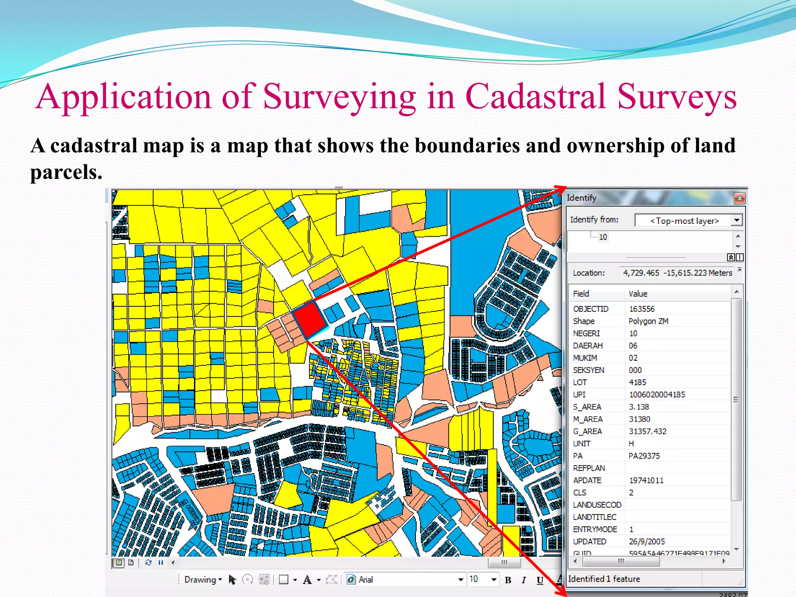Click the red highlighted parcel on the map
(x=310, y=320)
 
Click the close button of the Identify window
(x=739, y=198)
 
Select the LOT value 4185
(x=637, y=382)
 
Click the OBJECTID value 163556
(x=642, y=309)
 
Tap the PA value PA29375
(x=644, y=456)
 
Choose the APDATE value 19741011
(x=646, y=480)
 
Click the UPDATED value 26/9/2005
(x=647, y=541)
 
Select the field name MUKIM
(x=585, y=358)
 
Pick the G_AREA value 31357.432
(x=648, y=431)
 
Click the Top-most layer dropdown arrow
(x=737, y=220)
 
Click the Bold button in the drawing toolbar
(x=508, y=580)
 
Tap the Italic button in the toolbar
(x=524, y=580)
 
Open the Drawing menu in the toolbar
(x=202, y=580)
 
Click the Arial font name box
(x=404, y=580)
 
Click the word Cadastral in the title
(x=535, y=96)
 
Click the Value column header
(x=638, y=294)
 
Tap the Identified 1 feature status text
(x=604, y=579)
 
